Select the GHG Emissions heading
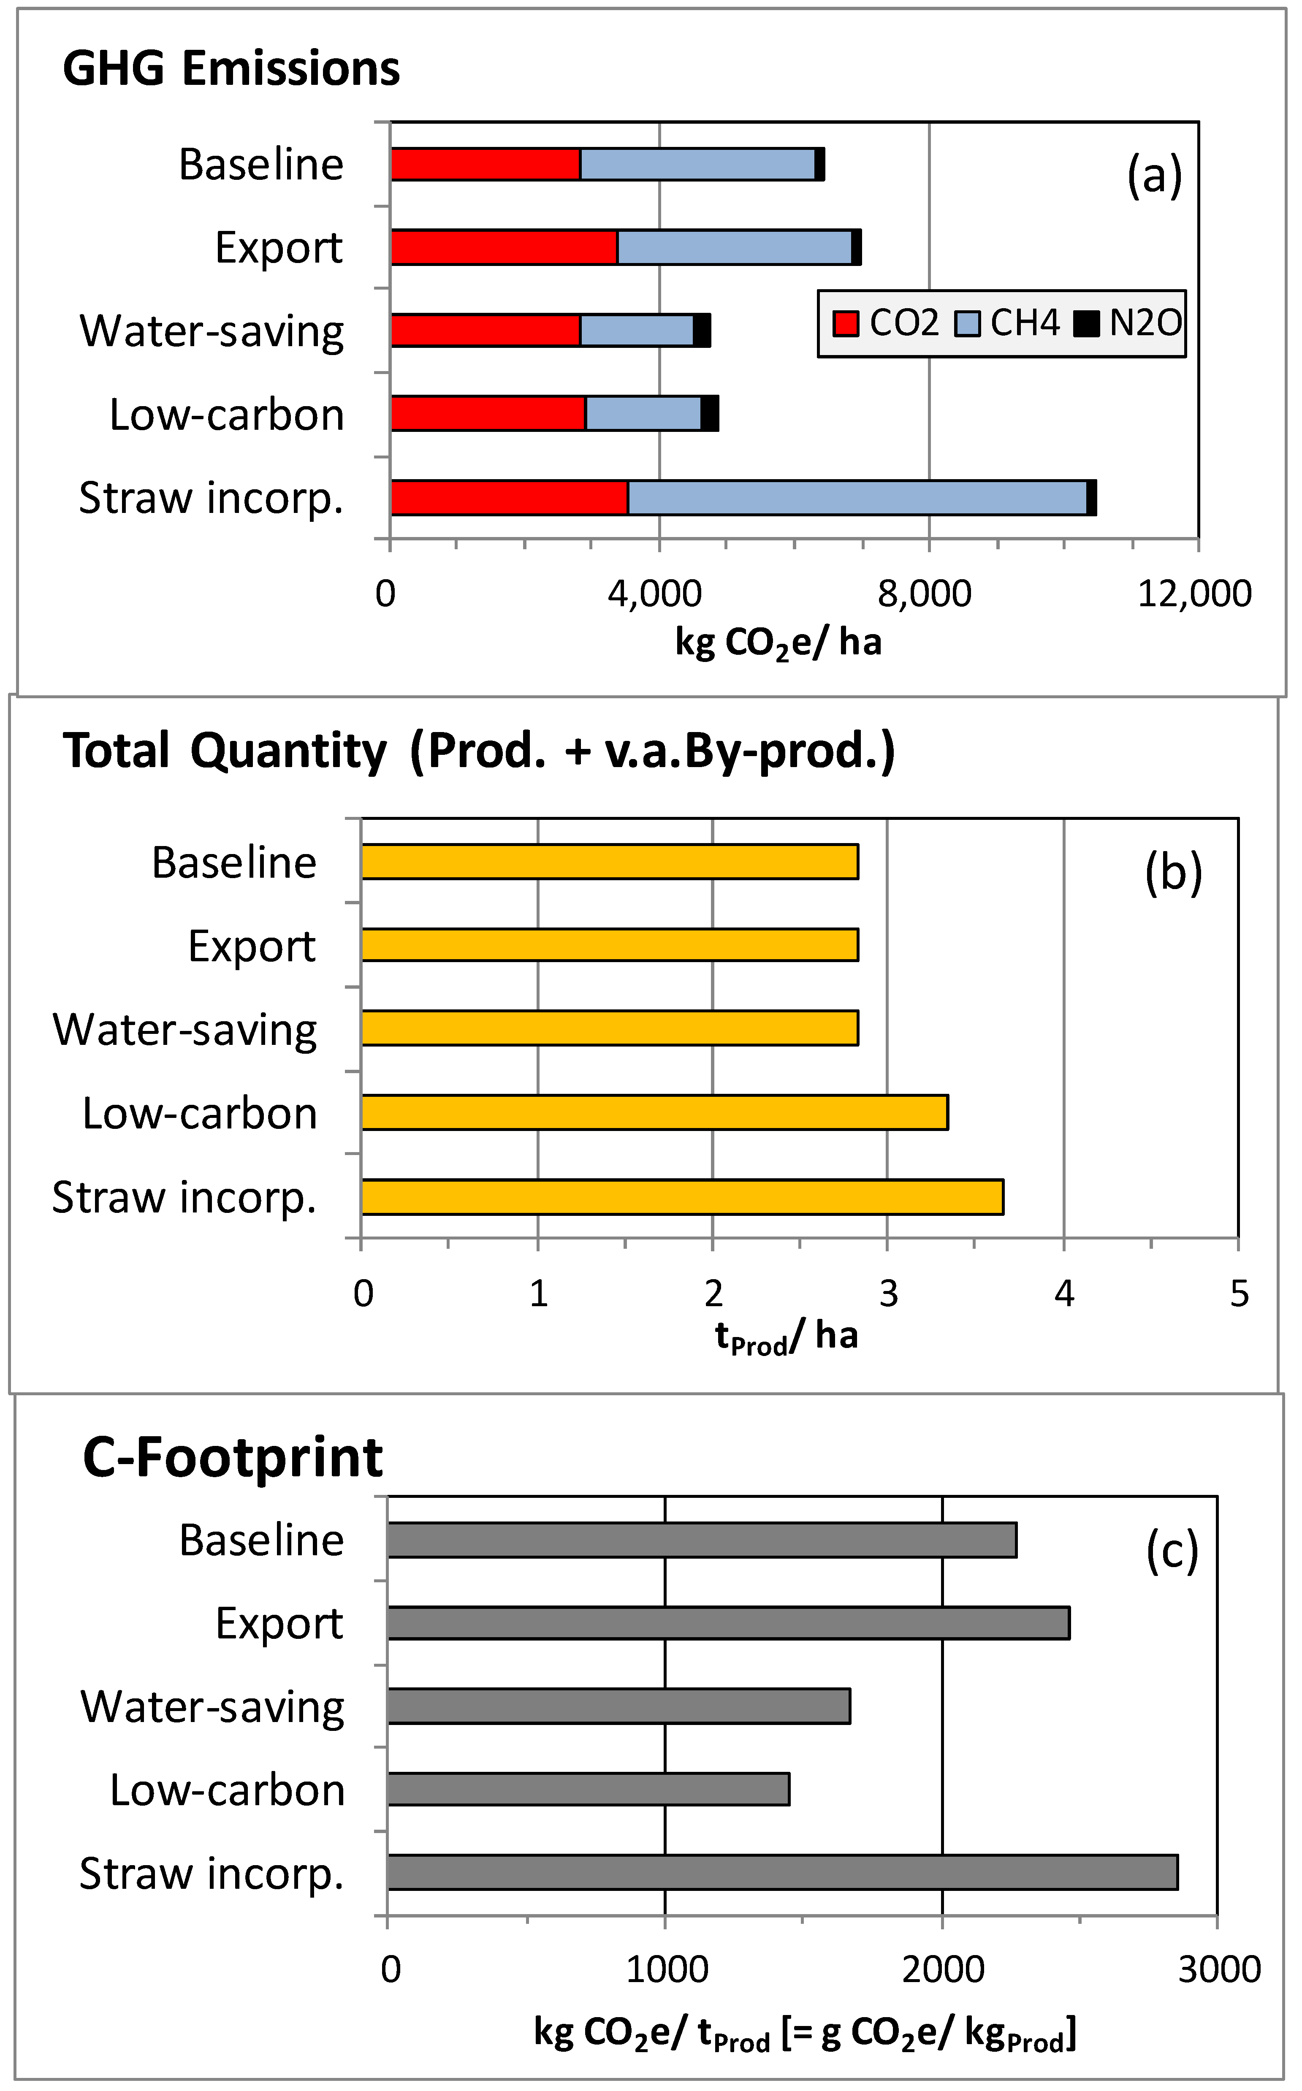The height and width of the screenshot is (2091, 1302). pos(231,69)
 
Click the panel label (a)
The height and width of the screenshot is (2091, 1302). pos(1154,176)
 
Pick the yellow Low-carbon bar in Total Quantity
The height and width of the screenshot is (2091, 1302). pos(654,1112)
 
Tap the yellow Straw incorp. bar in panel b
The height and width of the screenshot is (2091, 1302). pos(682,1196)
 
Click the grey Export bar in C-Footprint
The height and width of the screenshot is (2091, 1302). pos(728,1623)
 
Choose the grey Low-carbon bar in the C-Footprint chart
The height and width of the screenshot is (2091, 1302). pos(588,1789)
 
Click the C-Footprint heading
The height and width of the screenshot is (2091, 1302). pos(233,1458)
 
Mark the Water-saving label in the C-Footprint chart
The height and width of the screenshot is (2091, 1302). pos(213,1707)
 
